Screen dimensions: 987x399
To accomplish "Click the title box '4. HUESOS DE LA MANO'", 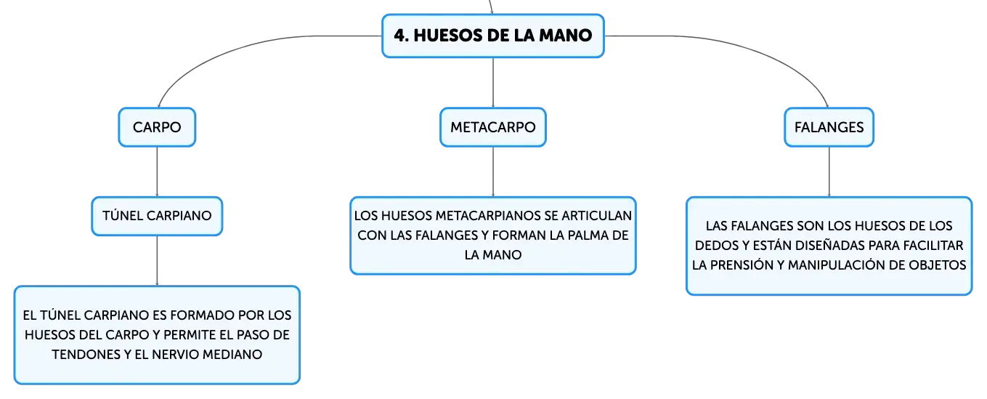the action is pos(492,36).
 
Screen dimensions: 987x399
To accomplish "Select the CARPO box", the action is pos(157,127).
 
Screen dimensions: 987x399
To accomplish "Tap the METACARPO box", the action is pos(492,127).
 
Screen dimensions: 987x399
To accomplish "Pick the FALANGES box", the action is pos(829,127).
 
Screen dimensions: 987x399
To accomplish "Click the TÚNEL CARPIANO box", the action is pos(157,216).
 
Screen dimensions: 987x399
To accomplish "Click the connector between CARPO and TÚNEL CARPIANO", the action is pos(157,172).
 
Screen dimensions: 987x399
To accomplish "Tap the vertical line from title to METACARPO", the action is pos(493,82).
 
